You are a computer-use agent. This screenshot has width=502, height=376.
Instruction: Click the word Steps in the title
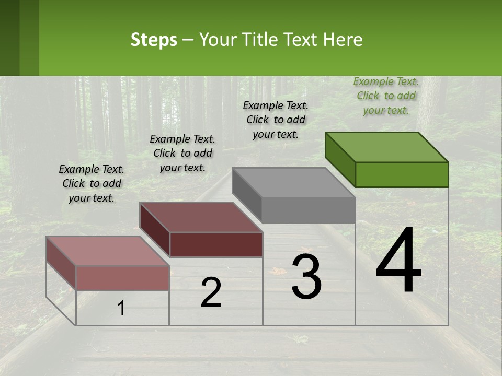tap(154, 40)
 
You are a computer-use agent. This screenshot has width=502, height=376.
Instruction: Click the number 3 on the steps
tap(306, 277)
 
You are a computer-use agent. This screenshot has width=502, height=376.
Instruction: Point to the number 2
tap(211, 292)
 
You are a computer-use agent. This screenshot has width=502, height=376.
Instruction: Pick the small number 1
tap(121, 309)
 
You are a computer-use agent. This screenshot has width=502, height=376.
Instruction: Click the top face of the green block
tap(387, 147)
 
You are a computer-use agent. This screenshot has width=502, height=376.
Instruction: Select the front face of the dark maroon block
tap(216, 244)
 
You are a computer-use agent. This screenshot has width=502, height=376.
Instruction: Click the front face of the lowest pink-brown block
tap(122, 278)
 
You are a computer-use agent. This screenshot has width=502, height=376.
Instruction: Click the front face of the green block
tap(402, 174)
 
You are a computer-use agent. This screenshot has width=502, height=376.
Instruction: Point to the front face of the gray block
tap(308, 210)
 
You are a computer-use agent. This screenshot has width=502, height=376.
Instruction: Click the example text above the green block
tap(386, 96)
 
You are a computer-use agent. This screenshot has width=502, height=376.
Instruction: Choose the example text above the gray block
tap(276, 120)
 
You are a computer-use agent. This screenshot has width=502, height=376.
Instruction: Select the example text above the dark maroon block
tap(182, 153)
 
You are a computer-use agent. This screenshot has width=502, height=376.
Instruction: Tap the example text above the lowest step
tap(92, 183)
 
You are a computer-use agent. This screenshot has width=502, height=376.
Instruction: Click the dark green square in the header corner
tap(9, 38)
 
